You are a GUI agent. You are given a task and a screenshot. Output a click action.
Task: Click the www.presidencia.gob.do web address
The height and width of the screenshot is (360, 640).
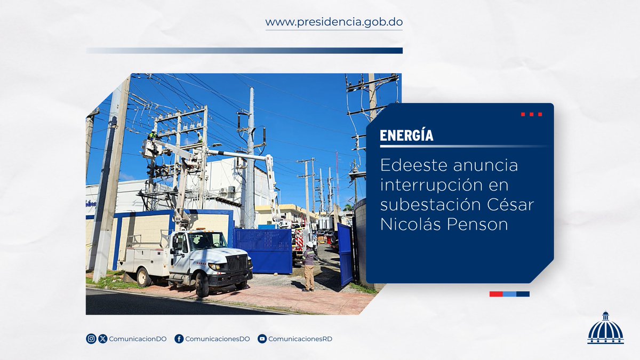[x=334, y=22]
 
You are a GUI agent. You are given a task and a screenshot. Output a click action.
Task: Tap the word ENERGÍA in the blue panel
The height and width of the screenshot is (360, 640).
[x=406, y=135]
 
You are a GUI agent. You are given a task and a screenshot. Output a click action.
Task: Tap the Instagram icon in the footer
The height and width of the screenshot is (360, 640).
[x=91, y=339]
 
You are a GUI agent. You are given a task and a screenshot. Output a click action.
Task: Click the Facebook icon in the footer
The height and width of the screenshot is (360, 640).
[x=179, y=339]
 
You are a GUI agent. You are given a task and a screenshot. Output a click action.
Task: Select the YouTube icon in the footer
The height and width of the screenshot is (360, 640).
[x=262, y=339]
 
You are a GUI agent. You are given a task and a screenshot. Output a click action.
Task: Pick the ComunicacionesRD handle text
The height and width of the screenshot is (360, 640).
[x=300, y=339]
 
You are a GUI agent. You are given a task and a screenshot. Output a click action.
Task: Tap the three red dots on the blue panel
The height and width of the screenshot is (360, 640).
[x=532, y=114]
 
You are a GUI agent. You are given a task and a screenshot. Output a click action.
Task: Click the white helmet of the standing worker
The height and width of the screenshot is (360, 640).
[x=310, y=244]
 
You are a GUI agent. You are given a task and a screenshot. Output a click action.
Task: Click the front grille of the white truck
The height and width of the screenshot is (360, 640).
[x=237, y=263]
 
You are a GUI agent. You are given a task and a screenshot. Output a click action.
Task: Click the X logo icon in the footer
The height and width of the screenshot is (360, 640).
[x=103, y=339]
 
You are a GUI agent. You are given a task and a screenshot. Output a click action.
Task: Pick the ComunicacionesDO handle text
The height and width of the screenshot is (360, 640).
[x=218, y=339]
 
